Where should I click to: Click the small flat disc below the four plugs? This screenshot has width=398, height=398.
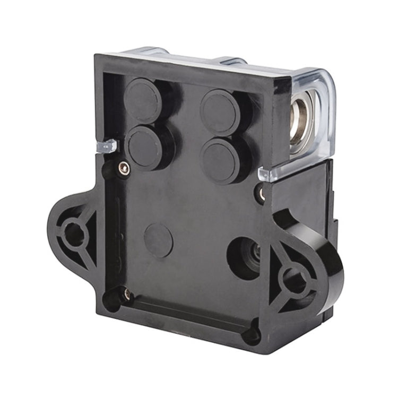(158, 240)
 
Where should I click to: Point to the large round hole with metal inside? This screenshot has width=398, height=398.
(245, 257)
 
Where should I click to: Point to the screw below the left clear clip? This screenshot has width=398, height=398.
(124, 169)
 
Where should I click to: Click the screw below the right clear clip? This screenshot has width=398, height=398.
(261, 193)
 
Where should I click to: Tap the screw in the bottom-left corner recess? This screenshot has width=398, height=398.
(126, 293)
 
